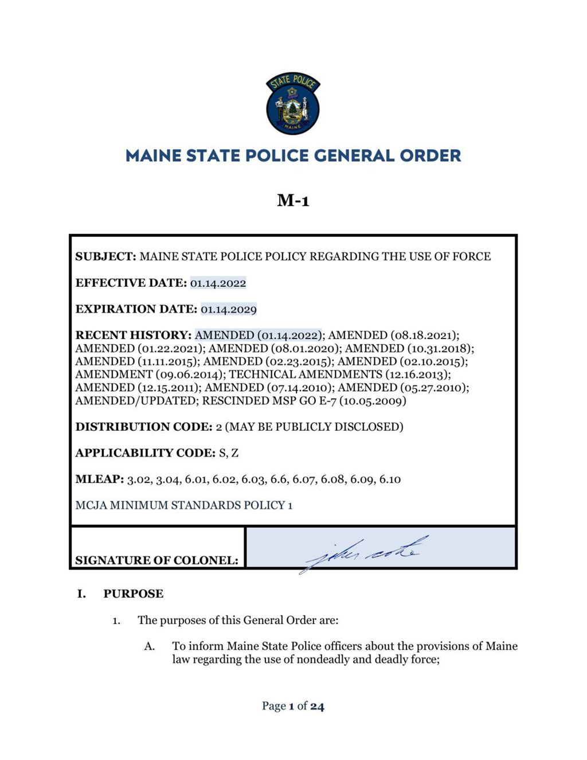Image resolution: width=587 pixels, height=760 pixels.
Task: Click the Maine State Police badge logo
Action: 293,104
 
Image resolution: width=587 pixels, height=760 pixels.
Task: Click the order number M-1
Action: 293,201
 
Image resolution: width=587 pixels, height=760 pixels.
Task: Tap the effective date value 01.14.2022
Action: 218,283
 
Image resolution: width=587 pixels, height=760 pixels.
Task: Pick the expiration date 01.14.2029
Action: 228,309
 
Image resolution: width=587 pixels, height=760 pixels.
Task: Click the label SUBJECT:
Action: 105,256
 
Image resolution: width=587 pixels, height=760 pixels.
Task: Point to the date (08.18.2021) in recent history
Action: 424,335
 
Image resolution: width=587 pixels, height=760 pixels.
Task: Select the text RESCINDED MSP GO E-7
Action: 269,401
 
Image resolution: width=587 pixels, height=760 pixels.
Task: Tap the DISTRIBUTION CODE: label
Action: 144,427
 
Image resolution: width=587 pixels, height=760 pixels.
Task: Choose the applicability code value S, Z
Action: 229,453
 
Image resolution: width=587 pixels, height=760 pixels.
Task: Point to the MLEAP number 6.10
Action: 390,480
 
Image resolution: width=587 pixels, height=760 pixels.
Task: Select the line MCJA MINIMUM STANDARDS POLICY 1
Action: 184,505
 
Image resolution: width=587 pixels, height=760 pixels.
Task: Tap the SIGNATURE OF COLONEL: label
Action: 156,560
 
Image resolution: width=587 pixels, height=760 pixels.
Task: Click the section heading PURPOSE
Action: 133,594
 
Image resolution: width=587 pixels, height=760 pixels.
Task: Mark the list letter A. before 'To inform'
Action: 150,646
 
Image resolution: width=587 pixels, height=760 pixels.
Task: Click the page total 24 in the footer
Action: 317,706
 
